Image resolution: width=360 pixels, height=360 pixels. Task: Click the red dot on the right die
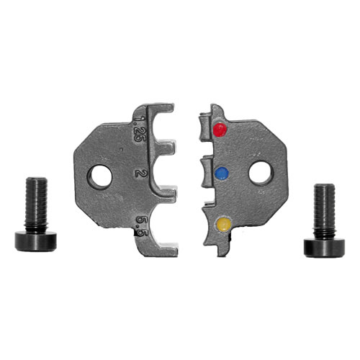point(220,130)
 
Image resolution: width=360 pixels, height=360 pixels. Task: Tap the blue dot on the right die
point(222,174)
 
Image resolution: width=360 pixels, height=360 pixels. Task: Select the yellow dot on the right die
point(224,225)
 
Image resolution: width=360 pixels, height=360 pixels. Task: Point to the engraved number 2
point(139,172)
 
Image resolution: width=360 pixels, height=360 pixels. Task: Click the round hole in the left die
point(100,176)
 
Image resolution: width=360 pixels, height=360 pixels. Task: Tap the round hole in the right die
point(261,174)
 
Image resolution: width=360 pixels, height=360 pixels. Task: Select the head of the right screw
point(324,248)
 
